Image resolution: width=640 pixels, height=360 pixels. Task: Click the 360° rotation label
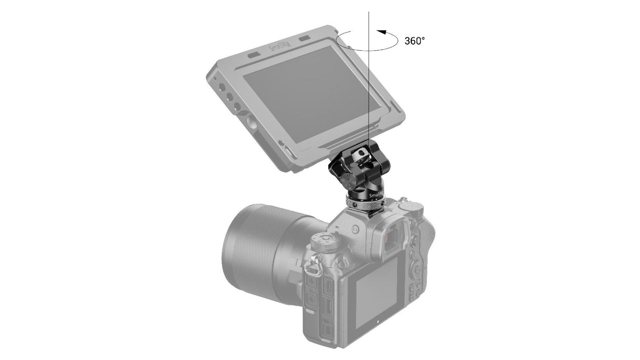[415, 41]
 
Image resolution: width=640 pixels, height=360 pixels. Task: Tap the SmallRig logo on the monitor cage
[280, 50]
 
